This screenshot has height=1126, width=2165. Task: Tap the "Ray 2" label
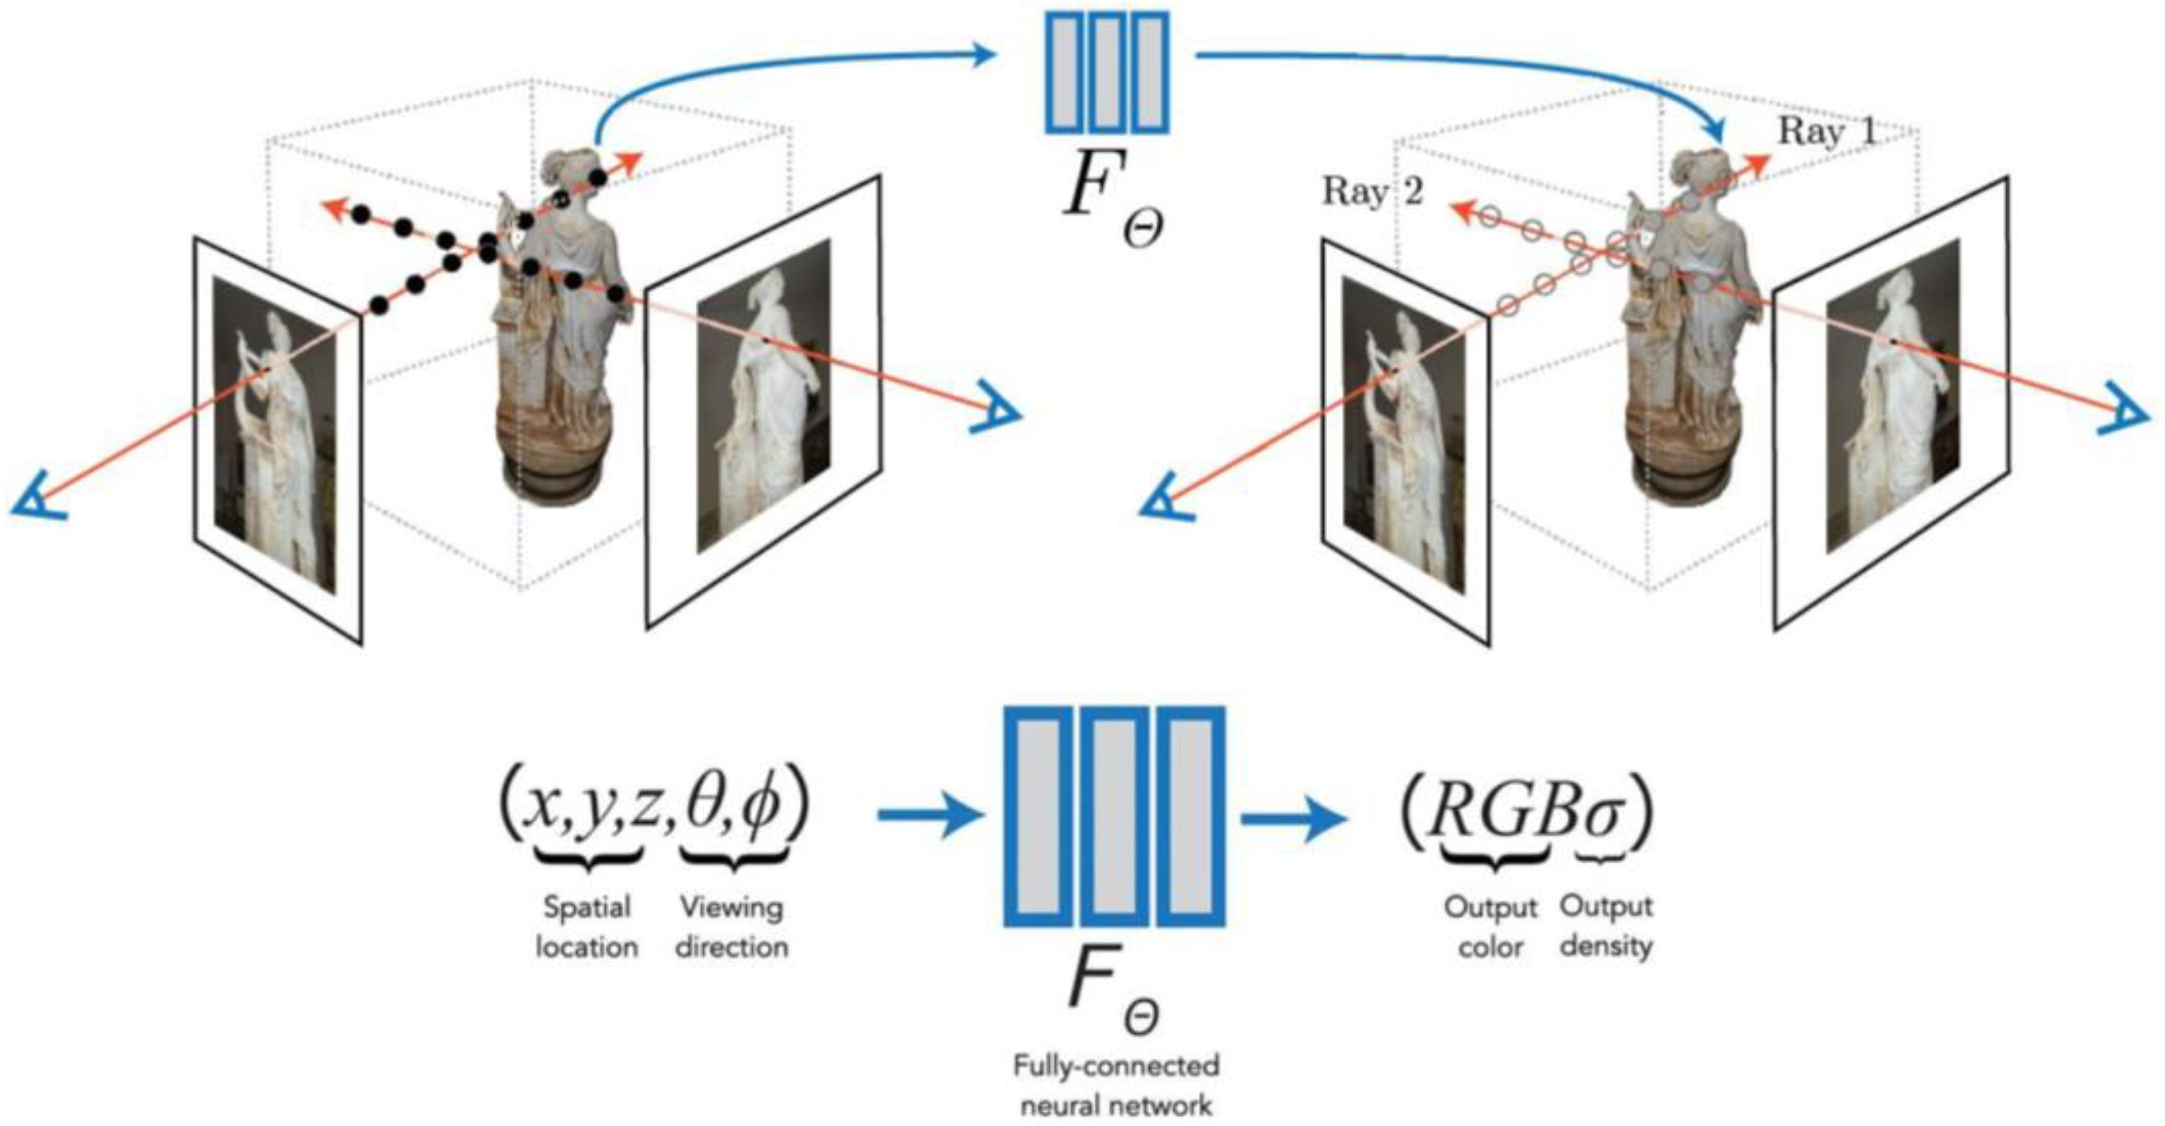click(x=1373, y=191)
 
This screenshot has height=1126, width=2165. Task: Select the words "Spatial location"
click(x=586, y=927)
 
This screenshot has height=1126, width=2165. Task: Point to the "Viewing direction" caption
click(x=732, y=927)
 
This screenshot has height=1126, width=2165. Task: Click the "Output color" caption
click(x=1490, y=927)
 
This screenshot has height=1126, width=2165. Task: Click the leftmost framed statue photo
click(x=276, y=437)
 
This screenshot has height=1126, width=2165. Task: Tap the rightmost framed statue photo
click(x=1893, y=395)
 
